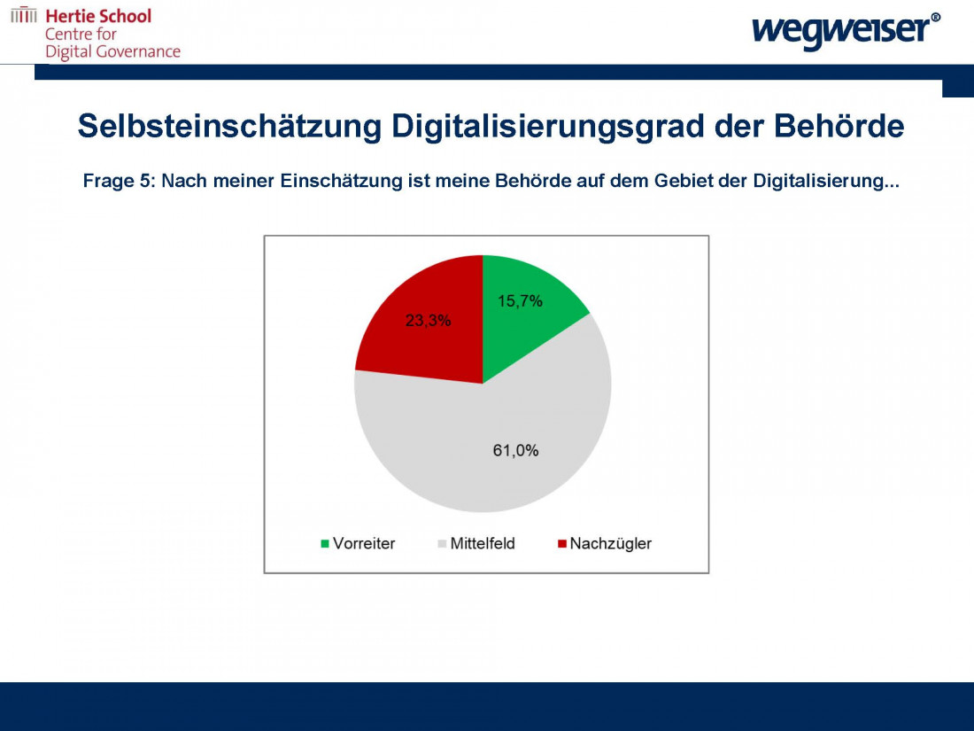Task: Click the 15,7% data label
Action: click(x=520, y=301)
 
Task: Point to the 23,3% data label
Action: click(x=428, y=321)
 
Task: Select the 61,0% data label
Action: click(x=515, y=450)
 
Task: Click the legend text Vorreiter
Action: click(x=364, y=543)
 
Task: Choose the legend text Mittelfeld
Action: click(x=483, y=543)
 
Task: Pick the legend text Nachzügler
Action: click(x=610, y=543)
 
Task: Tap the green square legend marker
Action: click(x=325, y=543)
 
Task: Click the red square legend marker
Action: click(x=562, y=543)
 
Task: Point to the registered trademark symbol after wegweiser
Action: click(x=936, y=17)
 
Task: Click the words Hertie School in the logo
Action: click(x=98, y=16)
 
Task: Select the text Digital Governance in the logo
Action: click(x=112, y=51)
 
